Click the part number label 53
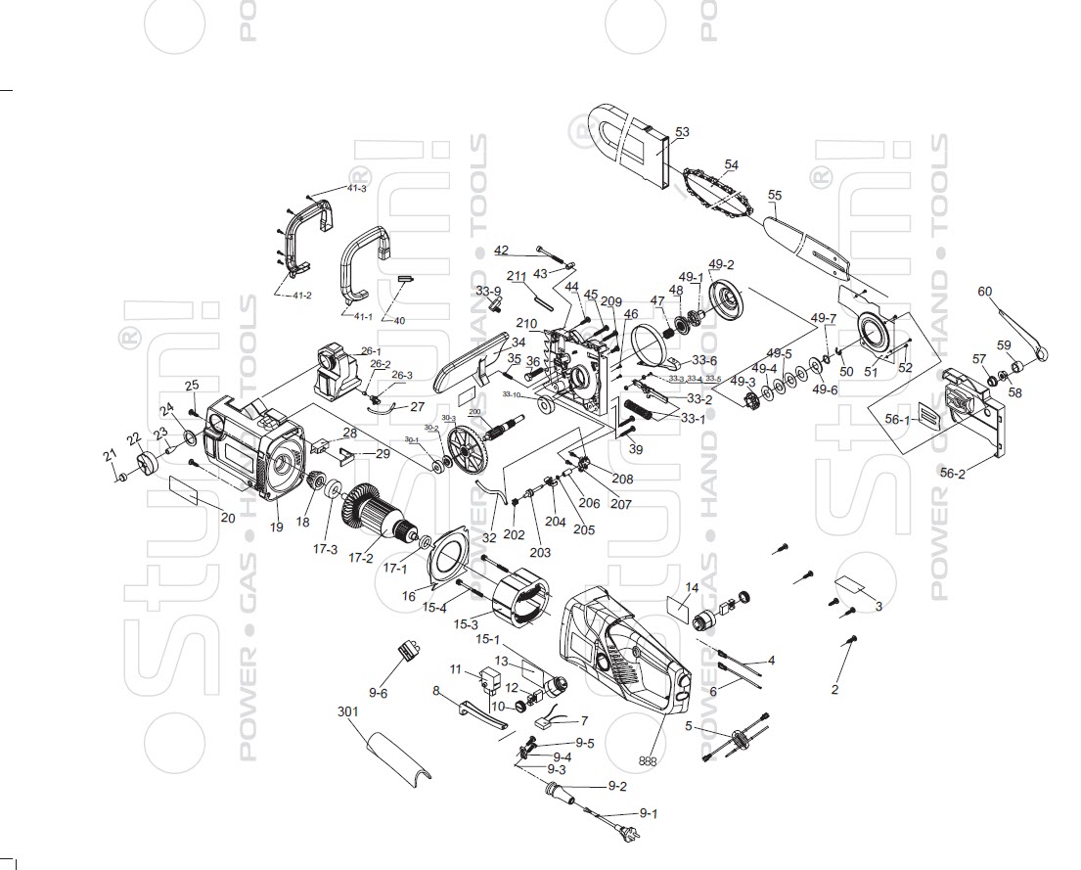pos(682,131)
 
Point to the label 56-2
pos(952,473)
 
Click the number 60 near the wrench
pos(984,292)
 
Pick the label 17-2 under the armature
pos(361,559)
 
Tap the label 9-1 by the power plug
pos(649,813)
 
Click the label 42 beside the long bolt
pos(501,250)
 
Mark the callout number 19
pos(277,527)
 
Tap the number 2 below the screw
pos(834,689)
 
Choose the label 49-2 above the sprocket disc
pos(721,264)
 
